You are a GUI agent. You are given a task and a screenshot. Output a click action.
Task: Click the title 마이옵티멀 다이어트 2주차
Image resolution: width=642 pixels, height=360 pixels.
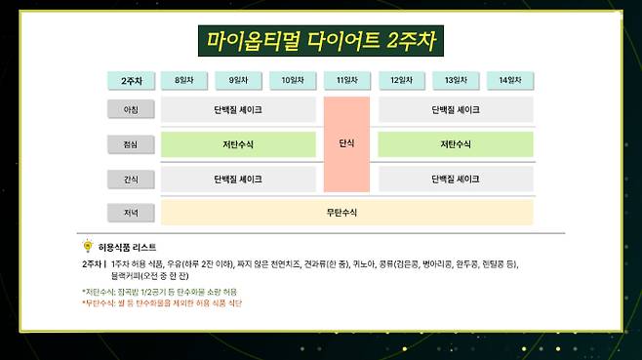click(x=321, y=41)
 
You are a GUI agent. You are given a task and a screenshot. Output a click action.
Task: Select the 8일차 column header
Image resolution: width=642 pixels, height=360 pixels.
click(x=184, y=81)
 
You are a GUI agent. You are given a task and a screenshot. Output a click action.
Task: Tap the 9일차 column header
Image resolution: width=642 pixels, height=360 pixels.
click(x=238, y=81)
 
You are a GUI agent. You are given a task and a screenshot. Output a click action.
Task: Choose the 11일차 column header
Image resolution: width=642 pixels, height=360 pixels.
click(x=346, y=81)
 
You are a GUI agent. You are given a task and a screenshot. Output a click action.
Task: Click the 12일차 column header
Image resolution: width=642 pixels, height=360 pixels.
click(x=401, y=81)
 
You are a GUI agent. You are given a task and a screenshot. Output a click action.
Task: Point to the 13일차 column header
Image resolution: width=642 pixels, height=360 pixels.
click(x=456, y=81)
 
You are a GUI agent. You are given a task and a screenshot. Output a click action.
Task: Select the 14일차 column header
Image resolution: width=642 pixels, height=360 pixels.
click(x=509, y=81)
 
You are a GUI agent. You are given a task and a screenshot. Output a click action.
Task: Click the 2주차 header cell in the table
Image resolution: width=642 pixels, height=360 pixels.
click(x=132, y=81)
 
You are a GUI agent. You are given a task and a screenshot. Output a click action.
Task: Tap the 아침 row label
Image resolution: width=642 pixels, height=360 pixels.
click(x=132, y=110)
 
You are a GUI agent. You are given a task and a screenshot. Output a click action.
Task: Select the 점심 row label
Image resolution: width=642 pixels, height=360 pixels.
click(x=132, y=144)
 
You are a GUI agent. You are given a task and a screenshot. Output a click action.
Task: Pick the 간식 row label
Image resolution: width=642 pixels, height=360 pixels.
click(x=132, y=179)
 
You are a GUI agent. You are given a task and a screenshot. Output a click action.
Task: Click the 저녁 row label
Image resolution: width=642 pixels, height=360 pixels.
click(x=132, y=212)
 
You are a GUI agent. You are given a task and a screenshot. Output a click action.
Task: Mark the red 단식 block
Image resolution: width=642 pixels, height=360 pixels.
click(x=346, y=143)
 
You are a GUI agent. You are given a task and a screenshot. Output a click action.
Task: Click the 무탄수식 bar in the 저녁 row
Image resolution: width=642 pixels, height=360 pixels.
click(x=346, y=212)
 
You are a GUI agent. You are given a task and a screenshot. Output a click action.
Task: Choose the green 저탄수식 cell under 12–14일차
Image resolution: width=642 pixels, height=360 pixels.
click(x=456, y=144)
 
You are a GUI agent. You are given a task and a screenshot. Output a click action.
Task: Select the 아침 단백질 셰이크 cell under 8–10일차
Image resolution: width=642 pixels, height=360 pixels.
click(x=238, y=110)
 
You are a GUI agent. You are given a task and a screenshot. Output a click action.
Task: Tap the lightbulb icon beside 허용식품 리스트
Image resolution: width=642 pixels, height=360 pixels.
click(x=88, y=247)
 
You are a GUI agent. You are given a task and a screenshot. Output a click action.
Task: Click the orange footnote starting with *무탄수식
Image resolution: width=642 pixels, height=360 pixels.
click(x=162, y=303)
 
